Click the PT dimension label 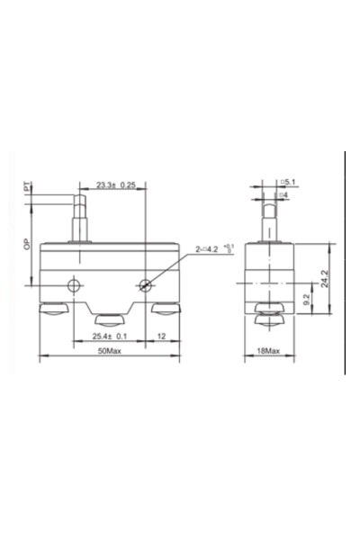pyautogui.click(x=28, y=189)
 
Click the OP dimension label pyautogui.click(x=28, y=244)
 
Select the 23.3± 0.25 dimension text pyautogui.click(x=114, y=185)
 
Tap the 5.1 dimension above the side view pyautogui.click(x=289, y=183)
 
